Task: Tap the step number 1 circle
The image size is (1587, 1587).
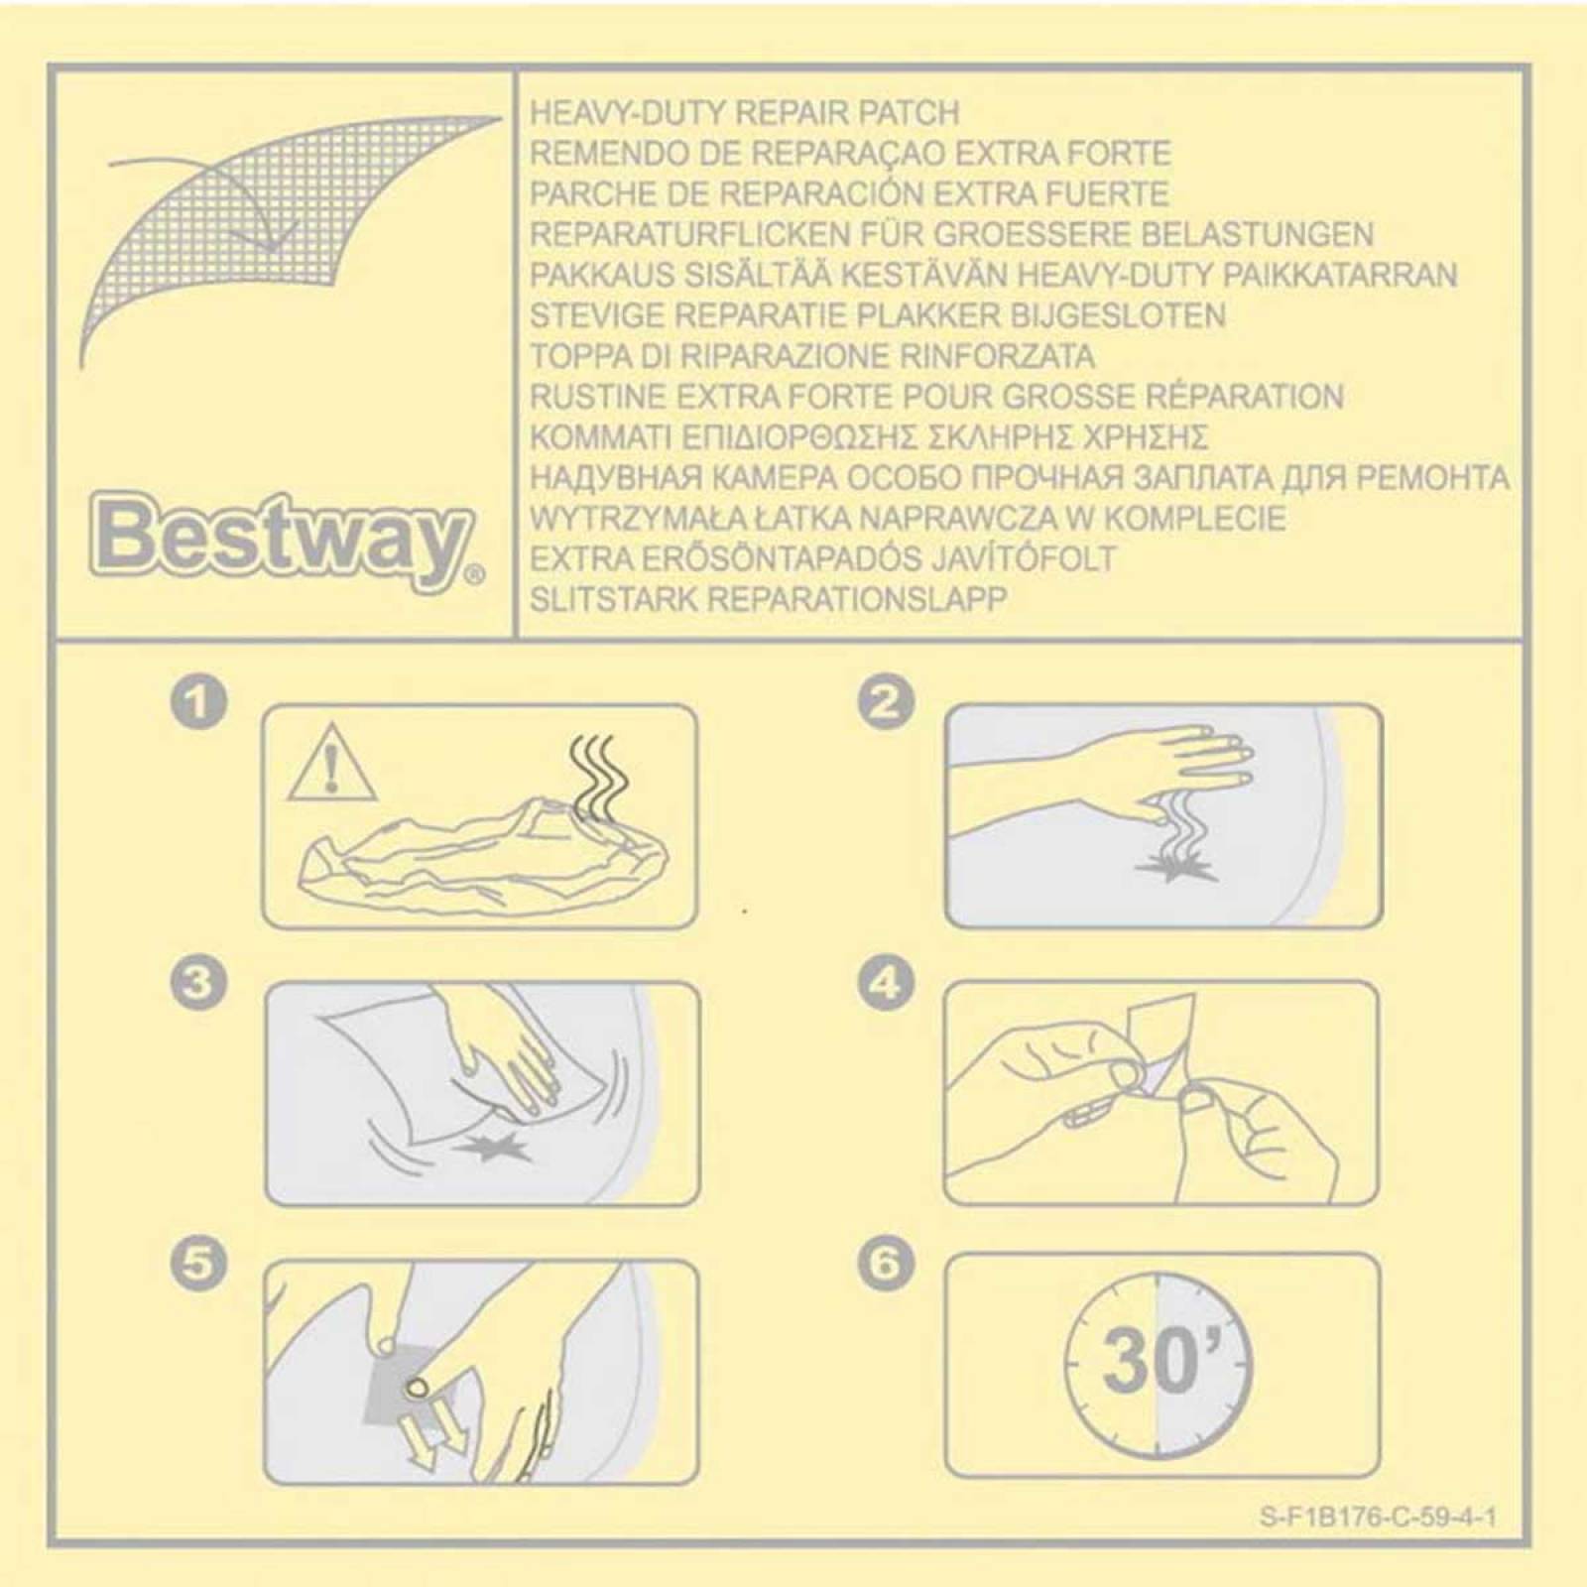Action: click(x=199, y=703)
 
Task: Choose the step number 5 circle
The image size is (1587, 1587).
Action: click(x=199, y=1265)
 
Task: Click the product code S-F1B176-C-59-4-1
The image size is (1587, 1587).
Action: click(x=1378, y=1519)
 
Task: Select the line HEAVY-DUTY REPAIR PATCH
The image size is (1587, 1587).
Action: click(x=744, y=113)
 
